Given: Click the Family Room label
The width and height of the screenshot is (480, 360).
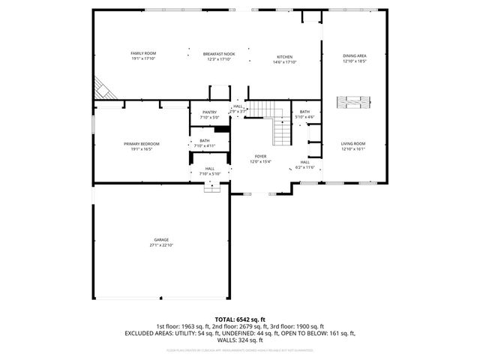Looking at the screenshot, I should [143, 53].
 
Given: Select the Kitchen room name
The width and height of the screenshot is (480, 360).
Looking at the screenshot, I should [284, 57].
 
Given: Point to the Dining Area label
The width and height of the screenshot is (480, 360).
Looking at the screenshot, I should [354, 55].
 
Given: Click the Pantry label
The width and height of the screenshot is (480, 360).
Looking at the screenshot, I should [209, 112].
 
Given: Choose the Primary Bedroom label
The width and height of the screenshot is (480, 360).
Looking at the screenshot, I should [142, 143].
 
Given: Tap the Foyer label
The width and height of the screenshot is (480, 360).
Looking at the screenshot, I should [260, 156].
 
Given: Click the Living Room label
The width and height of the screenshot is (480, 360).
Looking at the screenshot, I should [352, 143].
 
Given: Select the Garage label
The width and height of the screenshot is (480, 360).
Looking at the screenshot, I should [161, 240].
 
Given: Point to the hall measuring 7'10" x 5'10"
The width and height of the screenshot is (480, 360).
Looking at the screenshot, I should [210, 169].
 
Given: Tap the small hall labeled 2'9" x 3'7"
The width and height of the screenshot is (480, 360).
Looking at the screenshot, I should [238, 106].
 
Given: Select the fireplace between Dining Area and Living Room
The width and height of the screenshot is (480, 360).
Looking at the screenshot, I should [352, 103].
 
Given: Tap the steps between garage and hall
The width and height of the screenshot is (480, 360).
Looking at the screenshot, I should [212, 188].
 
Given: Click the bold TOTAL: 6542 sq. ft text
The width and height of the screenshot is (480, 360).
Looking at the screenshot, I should [240, 319].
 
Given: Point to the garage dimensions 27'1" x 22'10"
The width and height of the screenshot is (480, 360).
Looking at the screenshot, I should [161, 245].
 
